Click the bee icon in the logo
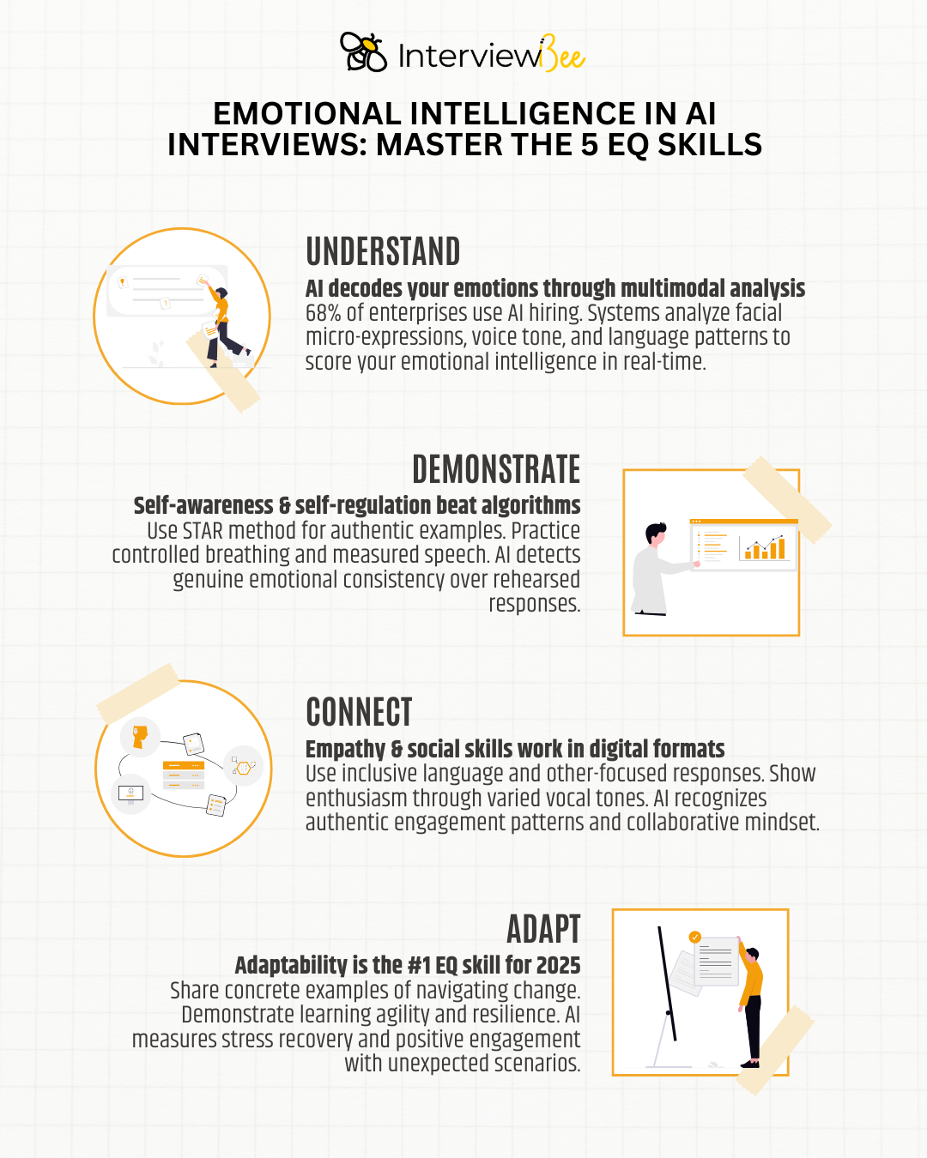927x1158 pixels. [364, 52]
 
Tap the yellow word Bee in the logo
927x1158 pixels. [563, 54]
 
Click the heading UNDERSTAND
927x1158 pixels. [383, 251]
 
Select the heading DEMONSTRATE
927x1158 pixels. [496, 469]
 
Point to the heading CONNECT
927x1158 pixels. [360, 712]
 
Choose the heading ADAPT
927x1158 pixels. [543, 929]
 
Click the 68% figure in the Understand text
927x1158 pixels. [323, 313]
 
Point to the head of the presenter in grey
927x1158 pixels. [656, 534]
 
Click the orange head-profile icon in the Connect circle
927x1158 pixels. [140, 737]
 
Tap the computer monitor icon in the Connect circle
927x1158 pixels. [130, 794]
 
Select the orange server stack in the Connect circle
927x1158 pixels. [184, 775]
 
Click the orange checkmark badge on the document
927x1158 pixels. [695, 937]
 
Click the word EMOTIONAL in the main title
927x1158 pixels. [306, 114]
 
